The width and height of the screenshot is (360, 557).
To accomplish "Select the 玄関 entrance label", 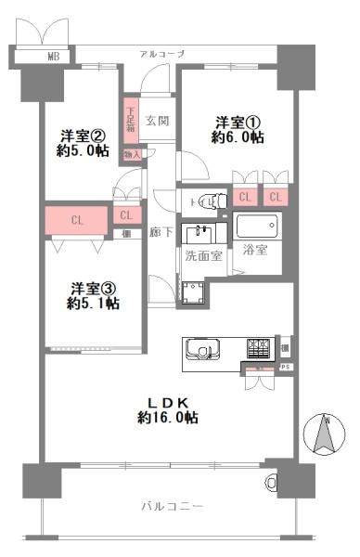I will (x=157, y=120).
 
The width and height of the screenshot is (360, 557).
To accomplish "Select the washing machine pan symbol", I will (x=194, y=293).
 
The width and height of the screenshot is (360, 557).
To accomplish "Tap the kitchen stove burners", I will (x=258, y=349).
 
